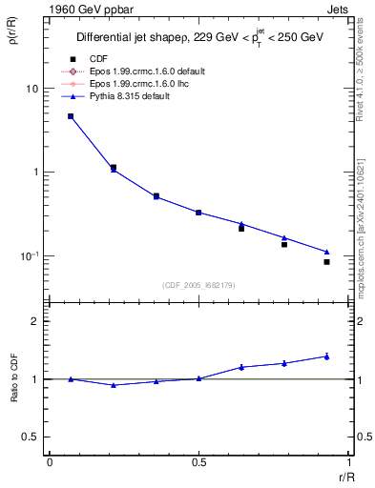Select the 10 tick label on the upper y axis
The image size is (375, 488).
pyautogui.click(x=31, y=89)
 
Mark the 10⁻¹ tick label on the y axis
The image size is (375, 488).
pyautogui.click(x=29, y=255)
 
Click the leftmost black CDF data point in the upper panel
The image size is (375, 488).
pyautogui.click(x=71, y=116)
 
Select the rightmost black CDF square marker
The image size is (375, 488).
pyautogui.click(x=326, y=262)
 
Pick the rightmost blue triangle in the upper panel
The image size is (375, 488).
pyautogui.click(x=326, y=252)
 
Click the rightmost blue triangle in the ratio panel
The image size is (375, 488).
pyautogui.click(x=326, y=356)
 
